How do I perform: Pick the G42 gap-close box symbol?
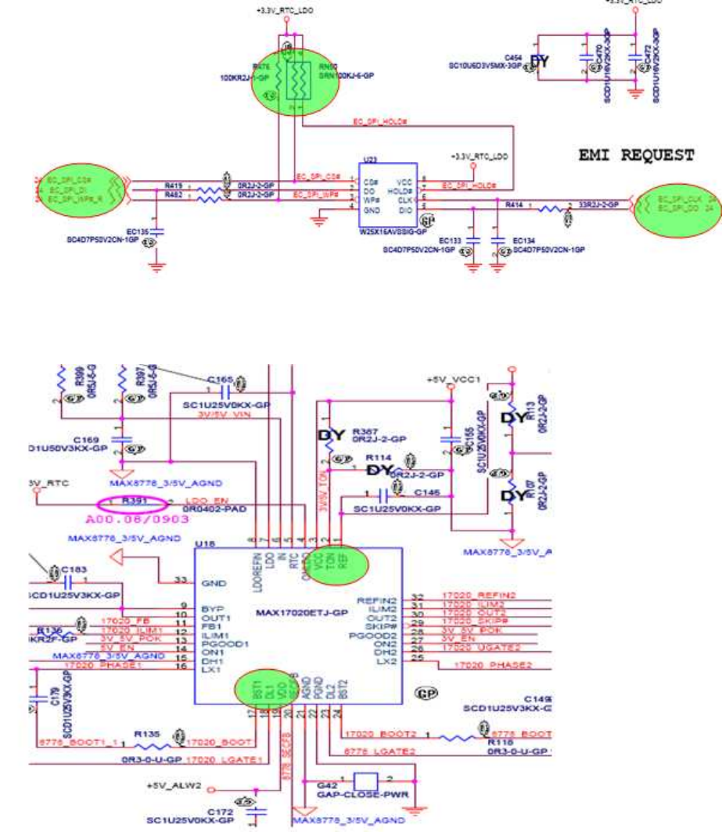click(x=367, y=781)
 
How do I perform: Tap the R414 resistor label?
click(x=514, y=203)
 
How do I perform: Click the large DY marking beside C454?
click(x=540, y=62)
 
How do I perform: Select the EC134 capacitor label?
click(x=523, y=242)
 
